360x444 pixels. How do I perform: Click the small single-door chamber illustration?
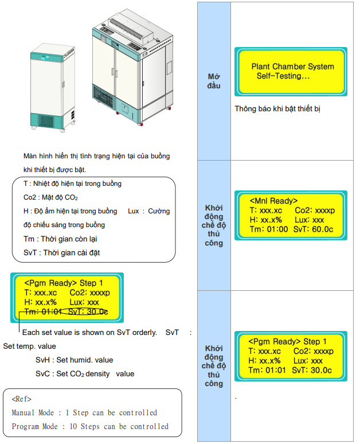pyautogui.click(x=53, y=88)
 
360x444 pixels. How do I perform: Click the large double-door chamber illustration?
pyautogui.click(x=132, y=67)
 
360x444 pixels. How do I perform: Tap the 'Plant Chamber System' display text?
pyautogui.click(x=292, y=67)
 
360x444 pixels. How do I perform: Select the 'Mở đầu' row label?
pyautogui.click(x=214, y=81)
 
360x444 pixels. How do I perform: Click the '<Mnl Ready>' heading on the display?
pyautogui.click(x=273, y=201)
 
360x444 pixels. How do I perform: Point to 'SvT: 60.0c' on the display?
pyautogui.click(x=313, y=229)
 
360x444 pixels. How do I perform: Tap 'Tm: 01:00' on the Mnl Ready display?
pyautogui.click(x=269, y=229)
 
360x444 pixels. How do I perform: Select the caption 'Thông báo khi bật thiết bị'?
pyautogui.click(x=277, y=109)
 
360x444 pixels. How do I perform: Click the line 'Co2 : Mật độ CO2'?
pyautogui.click(x=50, y=197)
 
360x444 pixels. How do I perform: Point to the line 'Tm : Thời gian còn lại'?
pyautogui.click(x=60, y=239)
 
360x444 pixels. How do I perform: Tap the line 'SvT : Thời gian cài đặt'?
pyautogui.click(x=61, y=252)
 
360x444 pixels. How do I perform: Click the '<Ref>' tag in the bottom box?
pyautogui.click(x=22, y=399)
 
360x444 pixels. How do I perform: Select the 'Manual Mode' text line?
pyautogui.click(x=84, y=412)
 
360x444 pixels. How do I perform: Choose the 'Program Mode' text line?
pyautogui.click(x=90, y=426)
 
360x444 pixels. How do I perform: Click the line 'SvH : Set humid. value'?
pyautogui.click(x=74, y=360)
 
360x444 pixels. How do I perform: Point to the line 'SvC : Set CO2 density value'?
pyautogui.click(x=85, y=374)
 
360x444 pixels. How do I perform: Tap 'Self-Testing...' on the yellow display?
pyautogui.click(x=283, y=76)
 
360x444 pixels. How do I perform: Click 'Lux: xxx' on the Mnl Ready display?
pyautogui.click(x=309, y=220)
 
